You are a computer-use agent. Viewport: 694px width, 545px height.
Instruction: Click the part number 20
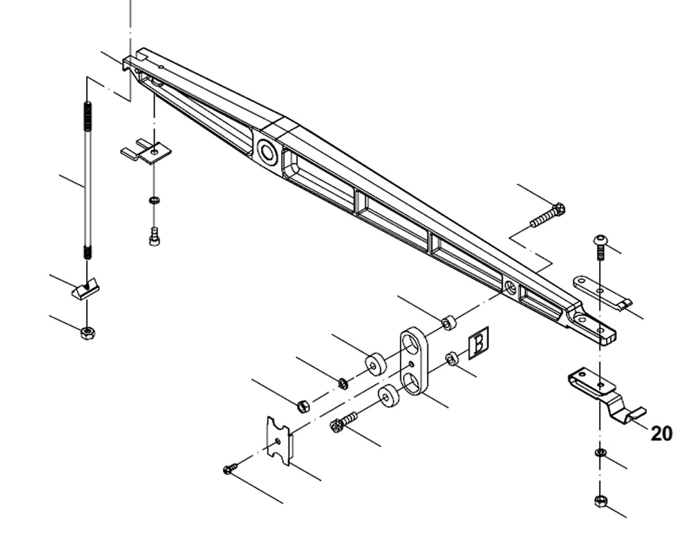tap(661, 434)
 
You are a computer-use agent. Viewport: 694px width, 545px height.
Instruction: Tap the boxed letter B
tap(479, 344)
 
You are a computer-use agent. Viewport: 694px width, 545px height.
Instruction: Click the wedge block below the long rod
tap(86, 287)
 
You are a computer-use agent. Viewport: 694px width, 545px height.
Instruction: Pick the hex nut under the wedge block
tap(88, 333)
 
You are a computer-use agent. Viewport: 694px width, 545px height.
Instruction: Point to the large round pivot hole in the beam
tap(266, 150)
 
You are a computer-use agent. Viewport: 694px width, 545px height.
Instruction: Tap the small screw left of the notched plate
tap(230, 470)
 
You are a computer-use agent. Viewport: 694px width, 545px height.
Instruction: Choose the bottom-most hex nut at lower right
tap(600, 501)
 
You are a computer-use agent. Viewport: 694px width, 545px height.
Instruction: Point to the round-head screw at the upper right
tap(600, 244)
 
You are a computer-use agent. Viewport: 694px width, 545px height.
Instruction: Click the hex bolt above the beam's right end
tap(548, 215)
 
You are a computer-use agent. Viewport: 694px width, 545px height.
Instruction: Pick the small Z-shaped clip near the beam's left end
tap(148, 151)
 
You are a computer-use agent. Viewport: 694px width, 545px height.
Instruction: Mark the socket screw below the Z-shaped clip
tap(153, 238)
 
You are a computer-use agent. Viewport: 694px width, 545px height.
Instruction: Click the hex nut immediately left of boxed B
tap(450, 358)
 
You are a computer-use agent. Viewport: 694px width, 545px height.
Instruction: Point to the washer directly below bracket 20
tap(600, 453)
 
